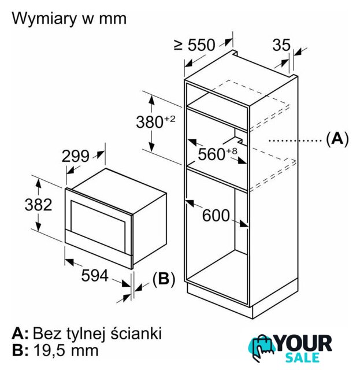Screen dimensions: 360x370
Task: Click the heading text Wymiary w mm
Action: [x=69, y=18]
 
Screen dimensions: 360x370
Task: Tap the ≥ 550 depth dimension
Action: [x=195, y=45]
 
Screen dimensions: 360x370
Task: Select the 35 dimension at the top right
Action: [x=281, y=45]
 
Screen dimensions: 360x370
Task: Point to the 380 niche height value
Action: [x=150, y=122]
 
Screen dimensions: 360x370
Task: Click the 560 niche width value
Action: [x=211, y=154]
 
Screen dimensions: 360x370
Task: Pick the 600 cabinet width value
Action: [x=216, y=215]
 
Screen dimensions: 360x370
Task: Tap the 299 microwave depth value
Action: [x=76, y=156]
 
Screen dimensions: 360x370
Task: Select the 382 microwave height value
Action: [x=39, y=205]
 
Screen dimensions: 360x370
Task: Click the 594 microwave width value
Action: [x=95, y=275]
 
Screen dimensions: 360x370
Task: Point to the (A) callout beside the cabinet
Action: [x=337, y=139]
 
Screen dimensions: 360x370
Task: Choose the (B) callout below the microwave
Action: [x=164, y=279]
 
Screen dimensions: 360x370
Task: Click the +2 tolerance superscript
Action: [x=170, y=119]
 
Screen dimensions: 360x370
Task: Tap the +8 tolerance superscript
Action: [x=232, y=151]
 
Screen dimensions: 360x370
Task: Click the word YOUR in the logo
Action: [x=305, y=343]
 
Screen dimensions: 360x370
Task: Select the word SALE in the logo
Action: [x=302, y=357]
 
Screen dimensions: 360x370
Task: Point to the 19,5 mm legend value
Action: [x=66, y=350]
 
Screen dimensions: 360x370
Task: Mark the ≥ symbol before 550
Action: [x=179, y=45]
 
